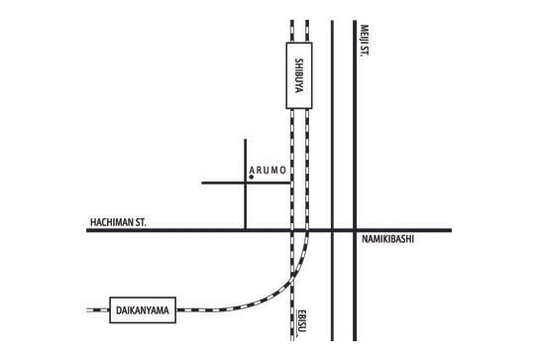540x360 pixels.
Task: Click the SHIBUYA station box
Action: tap(300, 75)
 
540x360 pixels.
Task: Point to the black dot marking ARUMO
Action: tap(251, 177)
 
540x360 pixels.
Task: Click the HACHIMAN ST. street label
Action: tap(117, 223)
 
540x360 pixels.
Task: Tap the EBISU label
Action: tap(300, 321)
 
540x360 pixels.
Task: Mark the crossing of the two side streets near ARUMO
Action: tap(246, 183)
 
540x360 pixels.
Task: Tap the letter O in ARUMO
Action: tap(284, 171)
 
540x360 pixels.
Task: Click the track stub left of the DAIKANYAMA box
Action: tap(96, 310)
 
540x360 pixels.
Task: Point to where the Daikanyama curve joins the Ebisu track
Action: tap(294, 281)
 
